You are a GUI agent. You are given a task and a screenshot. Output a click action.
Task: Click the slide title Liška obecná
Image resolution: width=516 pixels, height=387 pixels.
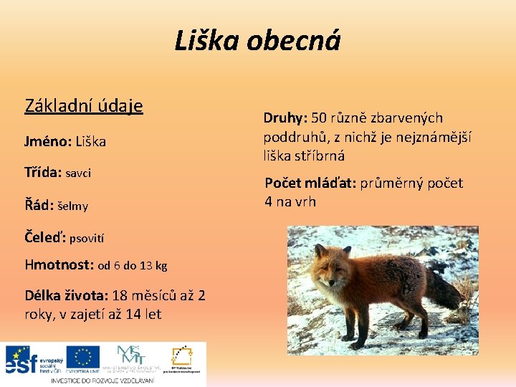point(257,42)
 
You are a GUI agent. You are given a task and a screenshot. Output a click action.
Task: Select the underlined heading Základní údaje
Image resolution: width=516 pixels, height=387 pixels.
point(84,106)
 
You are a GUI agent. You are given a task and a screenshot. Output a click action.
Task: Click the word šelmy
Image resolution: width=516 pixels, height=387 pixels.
point(73,206)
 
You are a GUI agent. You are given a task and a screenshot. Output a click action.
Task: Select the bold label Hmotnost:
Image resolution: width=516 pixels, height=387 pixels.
point(59,265)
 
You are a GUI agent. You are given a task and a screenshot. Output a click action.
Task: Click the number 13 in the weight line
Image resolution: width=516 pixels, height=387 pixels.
point(147,266)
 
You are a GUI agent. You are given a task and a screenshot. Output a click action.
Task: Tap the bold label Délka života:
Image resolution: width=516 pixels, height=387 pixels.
point(67,295)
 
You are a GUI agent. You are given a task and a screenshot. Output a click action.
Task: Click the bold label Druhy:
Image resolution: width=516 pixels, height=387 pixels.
point(285,118)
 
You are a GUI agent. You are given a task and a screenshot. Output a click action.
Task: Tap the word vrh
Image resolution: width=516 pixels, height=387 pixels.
point(304,201)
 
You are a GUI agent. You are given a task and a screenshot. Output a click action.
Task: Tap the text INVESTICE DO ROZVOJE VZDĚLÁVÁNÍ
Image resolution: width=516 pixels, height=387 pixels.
point(102,381)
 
